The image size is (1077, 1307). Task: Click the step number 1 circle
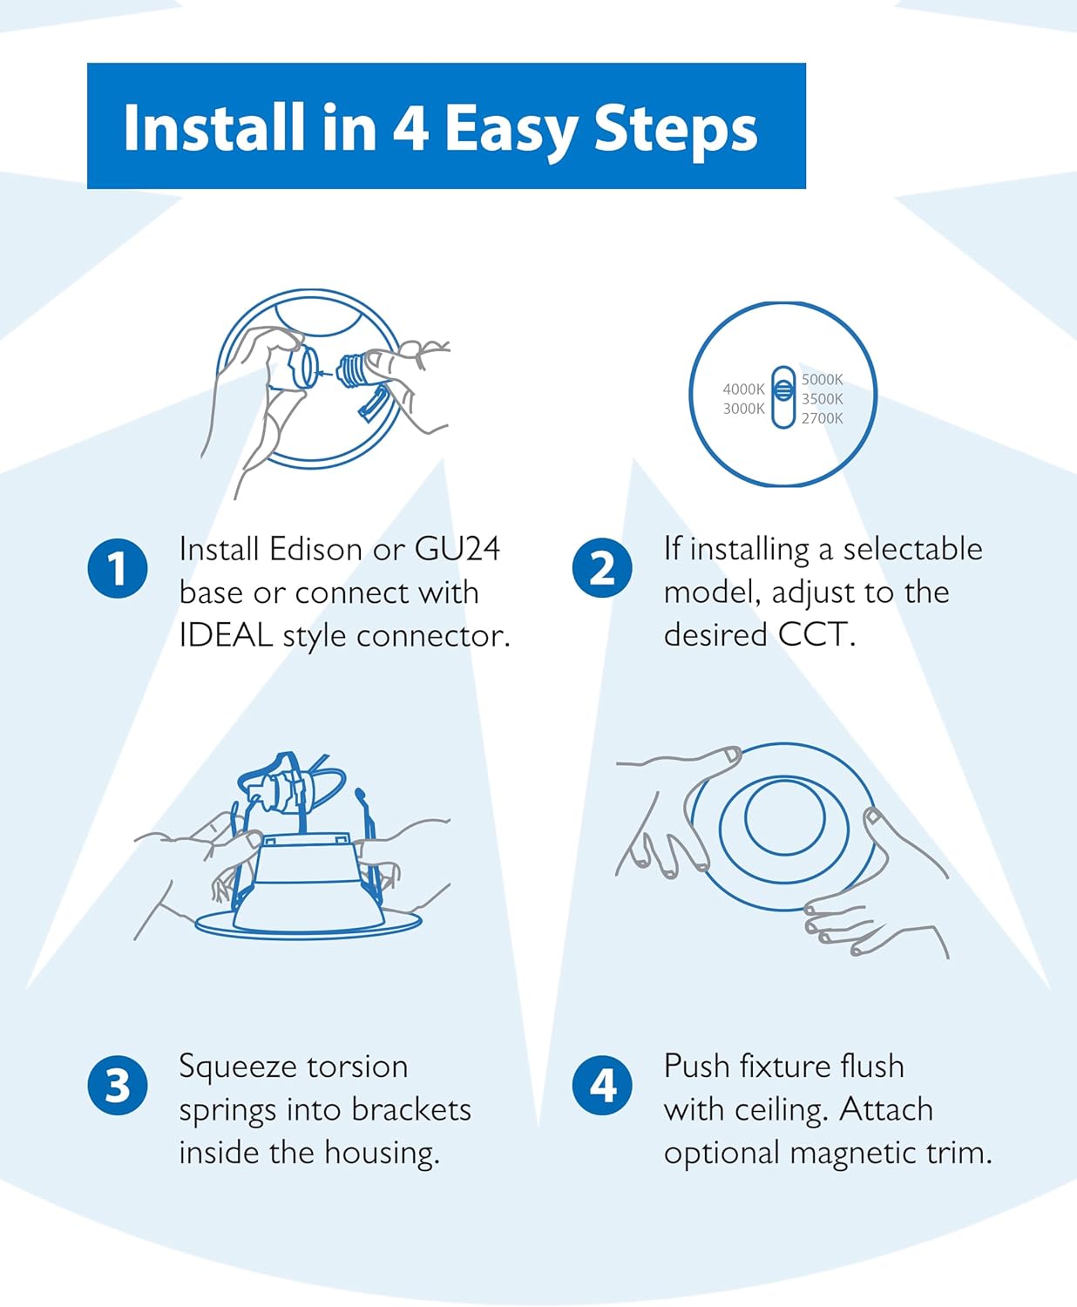coord(118,568)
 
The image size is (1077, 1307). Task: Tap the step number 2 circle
coord(602,568)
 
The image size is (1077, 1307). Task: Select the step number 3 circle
coord(118,1086)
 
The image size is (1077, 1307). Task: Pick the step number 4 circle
coord(602,1086)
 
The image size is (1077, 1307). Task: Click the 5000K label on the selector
coord(822,380)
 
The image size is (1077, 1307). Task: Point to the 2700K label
coord(822,418)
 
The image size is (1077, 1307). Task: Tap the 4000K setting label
coord(743,389)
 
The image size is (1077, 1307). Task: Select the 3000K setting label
coord(743,409)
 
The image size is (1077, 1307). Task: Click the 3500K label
coord(822,399)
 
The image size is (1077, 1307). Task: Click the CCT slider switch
coord(783,396)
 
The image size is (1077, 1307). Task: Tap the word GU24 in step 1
coord(457,549)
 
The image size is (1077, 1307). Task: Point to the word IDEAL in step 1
coord(226,635)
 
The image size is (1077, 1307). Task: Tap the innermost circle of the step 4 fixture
coord(784,816)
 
